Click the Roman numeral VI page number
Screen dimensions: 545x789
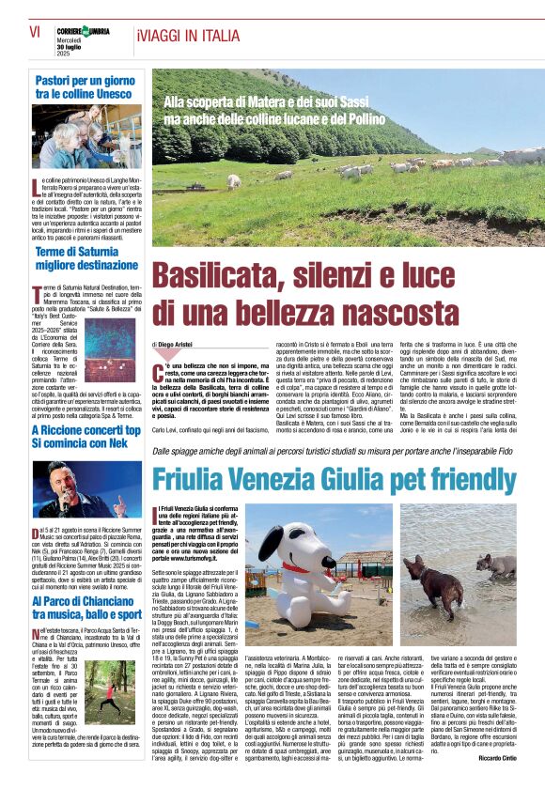pos(35,34)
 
